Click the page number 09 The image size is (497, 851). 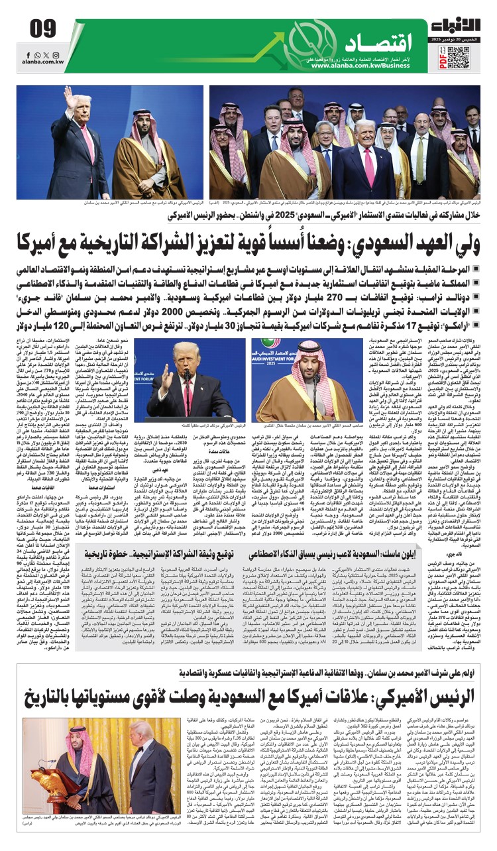click(42, 29)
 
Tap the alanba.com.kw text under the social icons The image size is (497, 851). click(42, 61)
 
